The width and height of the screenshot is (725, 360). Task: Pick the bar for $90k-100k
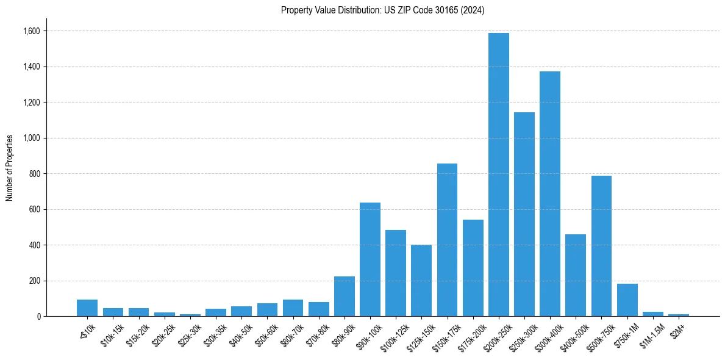click(370, 259)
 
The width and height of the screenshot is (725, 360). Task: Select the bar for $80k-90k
click(345, 297)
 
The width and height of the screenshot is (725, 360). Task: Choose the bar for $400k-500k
click(576, 275)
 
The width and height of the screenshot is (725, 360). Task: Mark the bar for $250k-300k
click(524, 214)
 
